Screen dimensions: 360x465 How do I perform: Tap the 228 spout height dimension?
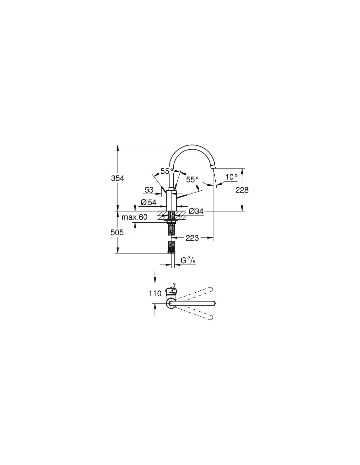tap(242, 190)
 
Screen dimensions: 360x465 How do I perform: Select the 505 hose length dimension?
tap(117, 232)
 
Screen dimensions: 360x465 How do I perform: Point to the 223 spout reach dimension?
tap(192, 238)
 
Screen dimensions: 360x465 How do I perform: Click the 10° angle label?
tap(231, 177)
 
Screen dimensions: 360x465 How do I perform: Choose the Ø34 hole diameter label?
tap(196, 212)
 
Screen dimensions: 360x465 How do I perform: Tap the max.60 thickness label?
tap(135, 217)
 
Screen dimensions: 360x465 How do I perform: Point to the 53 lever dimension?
tap(149, 190)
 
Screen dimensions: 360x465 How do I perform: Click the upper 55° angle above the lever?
tap(167, 171)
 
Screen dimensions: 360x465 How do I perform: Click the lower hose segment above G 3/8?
tap(171, 247)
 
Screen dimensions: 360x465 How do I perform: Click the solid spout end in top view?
tap(213, 304)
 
